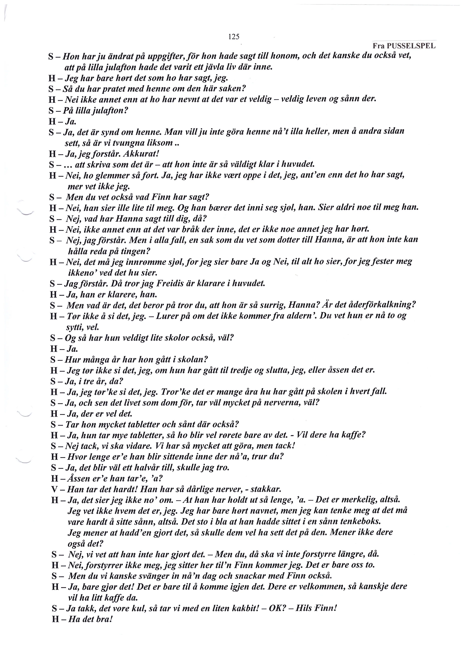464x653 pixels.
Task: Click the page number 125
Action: coord(234,37)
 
